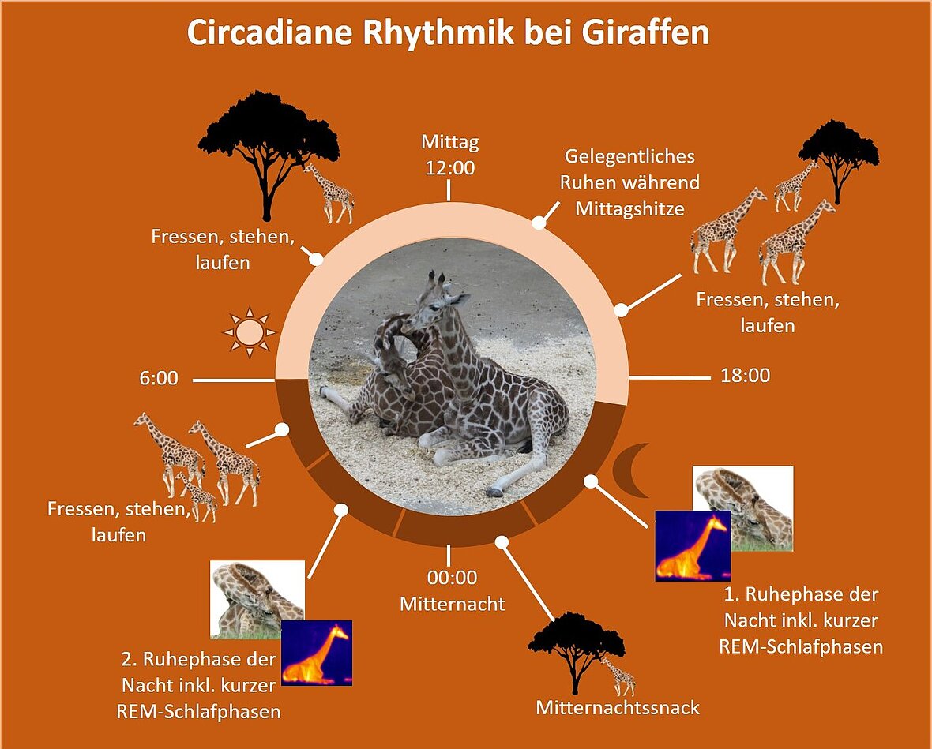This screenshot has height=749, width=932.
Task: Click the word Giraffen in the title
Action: click(645, 33)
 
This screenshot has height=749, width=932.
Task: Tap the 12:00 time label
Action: click(450, 168)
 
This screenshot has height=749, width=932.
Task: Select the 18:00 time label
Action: click(746, 376)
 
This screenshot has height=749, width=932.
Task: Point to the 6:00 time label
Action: click(159, 378)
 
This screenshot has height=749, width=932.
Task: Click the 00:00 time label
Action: click(452, 578)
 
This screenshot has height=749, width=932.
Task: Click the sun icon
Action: click(249, 332)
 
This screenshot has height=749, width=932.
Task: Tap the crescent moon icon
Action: click(631, 470)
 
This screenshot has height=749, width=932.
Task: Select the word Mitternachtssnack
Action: click(618, 708)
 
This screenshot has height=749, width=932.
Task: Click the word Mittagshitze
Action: click(630, 209)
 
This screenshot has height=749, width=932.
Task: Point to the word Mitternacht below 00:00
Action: click(453, 604)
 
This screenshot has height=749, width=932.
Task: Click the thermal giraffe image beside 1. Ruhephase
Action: click(693, 546)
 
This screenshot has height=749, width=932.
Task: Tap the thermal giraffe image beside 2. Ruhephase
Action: click(317, 653)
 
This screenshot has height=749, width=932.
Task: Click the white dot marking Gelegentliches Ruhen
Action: click(539, 223)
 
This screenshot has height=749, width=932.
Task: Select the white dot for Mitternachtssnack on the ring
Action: click(502, 541)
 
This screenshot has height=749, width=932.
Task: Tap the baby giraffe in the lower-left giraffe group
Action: click(196, 496)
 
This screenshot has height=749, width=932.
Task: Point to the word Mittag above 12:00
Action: click(450, 143)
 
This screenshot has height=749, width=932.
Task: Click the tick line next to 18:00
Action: click(670, 377)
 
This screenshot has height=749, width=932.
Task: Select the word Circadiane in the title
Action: click(270, 33)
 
